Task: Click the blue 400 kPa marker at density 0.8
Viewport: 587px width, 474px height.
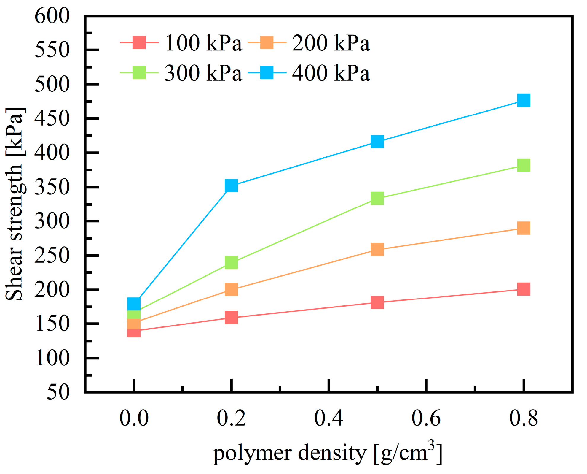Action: [x=524, y=100]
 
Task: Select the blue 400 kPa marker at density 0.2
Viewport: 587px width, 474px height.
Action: [x=231, y=186]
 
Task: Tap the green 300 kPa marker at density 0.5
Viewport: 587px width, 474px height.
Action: [x=377, y=198]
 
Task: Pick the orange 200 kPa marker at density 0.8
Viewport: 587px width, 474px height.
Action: [x=524, y=228]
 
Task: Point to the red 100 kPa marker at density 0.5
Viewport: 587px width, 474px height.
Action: [x=377, y=302]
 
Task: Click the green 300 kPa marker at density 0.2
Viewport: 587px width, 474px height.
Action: [x=231, y=263]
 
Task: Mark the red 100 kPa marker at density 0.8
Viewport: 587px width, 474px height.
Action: [x=524, y=289]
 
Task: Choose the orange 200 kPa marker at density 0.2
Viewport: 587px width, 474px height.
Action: [x=231, y=289]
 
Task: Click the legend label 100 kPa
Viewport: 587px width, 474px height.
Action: [x=203, y=43]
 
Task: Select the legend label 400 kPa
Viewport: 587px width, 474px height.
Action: [x=331, y=73]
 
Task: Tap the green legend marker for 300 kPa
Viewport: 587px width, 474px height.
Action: [x=139, y=73]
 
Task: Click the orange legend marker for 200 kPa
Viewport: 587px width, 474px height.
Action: [x=267, y=42]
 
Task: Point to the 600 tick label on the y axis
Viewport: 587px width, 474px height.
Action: [x=52, y=16]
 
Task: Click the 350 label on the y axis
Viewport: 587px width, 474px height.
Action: [x=52, y=188]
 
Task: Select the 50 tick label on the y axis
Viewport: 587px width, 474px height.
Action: [x=58, y=392]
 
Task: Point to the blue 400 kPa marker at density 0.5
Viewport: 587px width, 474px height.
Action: [x=377, y=142]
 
